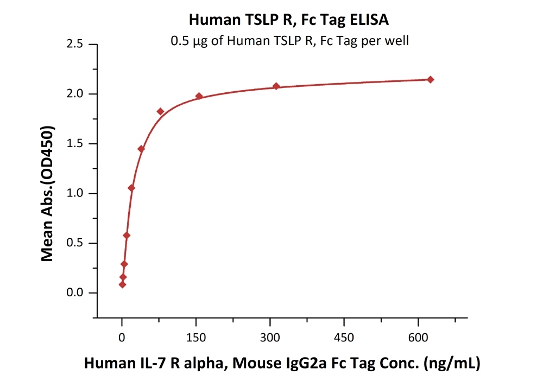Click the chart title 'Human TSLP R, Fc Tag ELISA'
click(x=288, y=20)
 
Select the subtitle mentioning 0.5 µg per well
click(x=289, y=40)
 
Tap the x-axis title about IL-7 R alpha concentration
click(x=282, y=364)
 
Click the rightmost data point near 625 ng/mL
click(x=431, y=80)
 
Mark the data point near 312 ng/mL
click(x=276, y=86)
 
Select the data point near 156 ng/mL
click(x=199, y=96)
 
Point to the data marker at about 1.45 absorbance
click(x=141, y=149)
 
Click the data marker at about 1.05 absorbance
click(x=131, y=188)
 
